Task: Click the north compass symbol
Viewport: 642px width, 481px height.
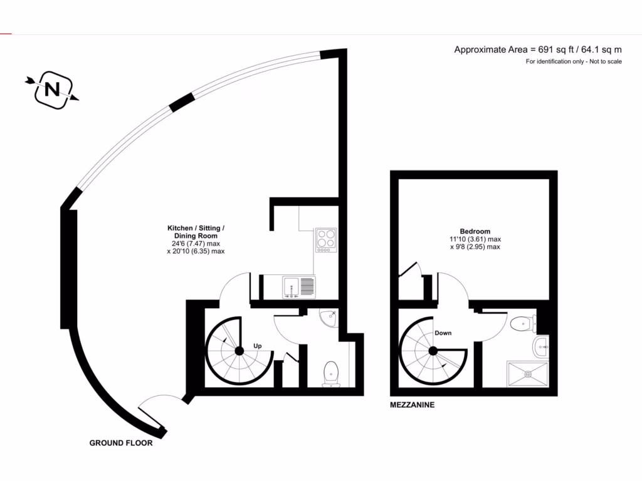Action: [53, 90]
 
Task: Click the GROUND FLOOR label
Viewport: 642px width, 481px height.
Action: [121, 443]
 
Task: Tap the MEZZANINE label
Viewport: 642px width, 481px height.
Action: [412, 405]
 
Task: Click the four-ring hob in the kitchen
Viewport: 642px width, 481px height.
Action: [325, 239]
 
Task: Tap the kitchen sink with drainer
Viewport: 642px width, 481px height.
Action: [298, 286]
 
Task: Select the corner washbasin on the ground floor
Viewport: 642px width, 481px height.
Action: [328, 318]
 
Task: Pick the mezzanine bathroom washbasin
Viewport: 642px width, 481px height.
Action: [540, 344]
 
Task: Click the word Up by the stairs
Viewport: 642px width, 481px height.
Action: [257, 346]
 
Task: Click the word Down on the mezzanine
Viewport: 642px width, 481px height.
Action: [443, 333]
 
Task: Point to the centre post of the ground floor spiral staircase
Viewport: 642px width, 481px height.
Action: [239, 352]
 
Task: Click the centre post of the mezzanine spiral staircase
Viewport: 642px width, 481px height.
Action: [433, 352]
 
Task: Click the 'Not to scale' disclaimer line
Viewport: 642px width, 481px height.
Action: [573, 61]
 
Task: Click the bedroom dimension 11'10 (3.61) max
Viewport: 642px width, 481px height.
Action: [474, 239]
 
